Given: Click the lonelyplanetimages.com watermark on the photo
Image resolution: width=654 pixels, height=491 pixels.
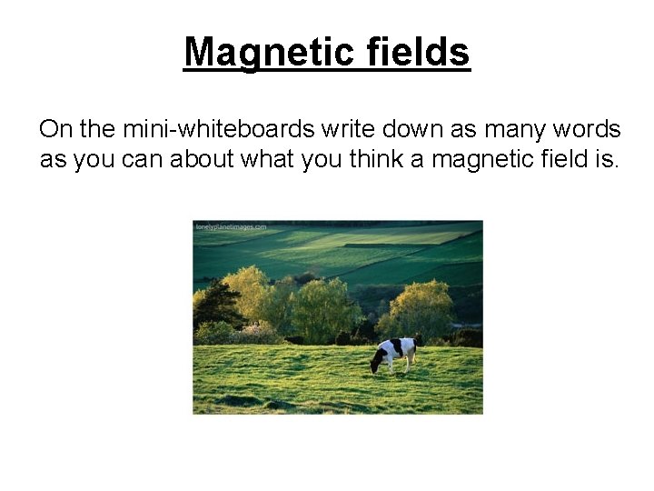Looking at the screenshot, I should click(231, 226).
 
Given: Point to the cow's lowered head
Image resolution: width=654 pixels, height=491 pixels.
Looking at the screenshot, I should click(374, 366).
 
